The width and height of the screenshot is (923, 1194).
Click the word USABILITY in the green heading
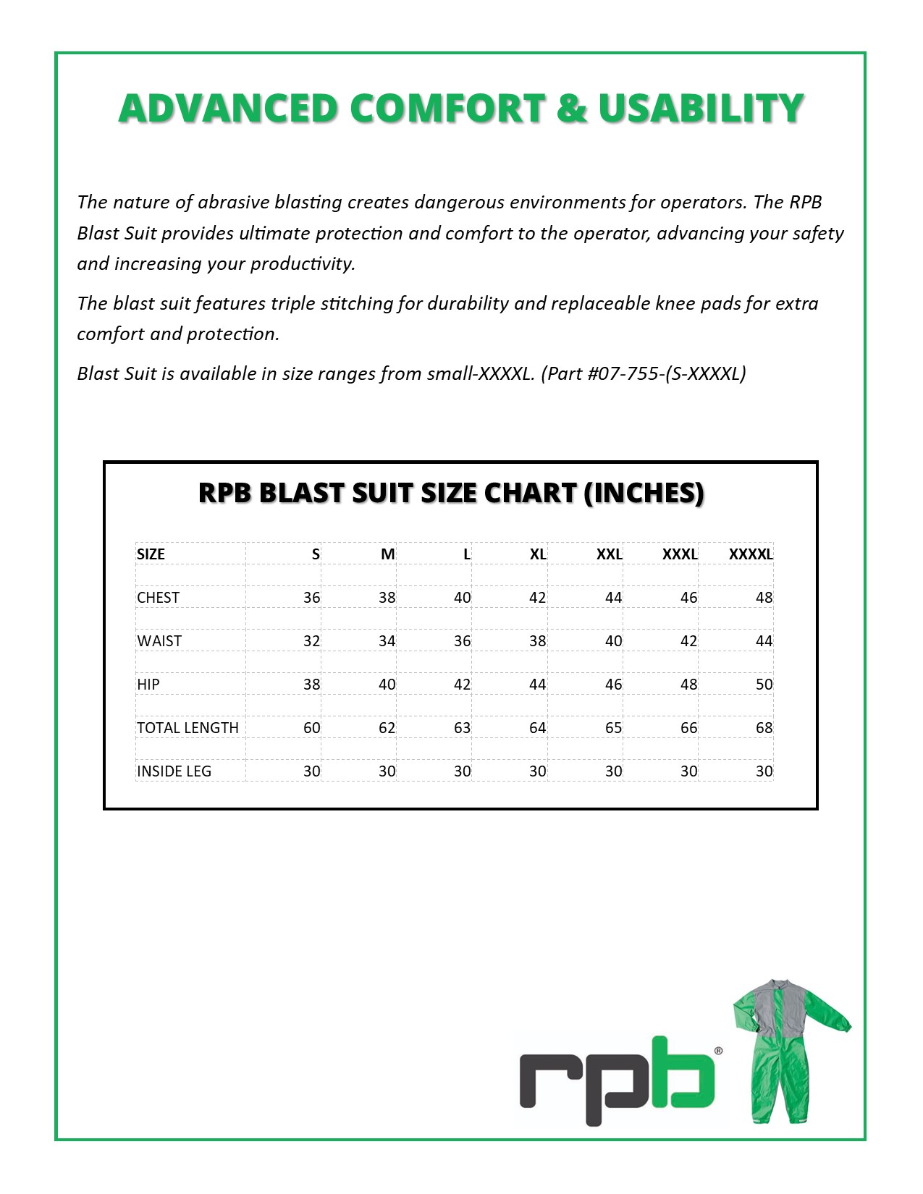[701, 109]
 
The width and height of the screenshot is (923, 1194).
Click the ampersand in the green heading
[572, 109]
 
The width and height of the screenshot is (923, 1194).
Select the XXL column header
[609, 554]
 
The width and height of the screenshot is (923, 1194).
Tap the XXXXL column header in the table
[751, 554]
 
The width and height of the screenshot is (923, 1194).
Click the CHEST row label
[158, 598]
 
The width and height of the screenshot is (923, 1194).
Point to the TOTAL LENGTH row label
[187, 728]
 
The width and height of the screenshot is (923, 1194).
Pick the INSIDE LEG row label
[174, 771]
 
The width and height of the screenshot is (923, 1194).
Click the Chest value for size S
[311, 598]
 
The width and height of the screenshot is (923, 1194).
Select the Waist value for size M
[387, 641]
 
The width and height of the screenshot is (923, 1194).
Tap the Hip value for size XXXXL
[764, 685]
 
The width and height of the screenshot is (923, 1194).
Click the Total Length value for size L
[462, 728]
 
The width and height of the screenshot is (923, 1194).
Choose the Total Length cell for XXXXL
[764, 728]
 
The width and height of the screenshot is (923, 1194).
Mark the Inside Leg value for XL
[537, 771]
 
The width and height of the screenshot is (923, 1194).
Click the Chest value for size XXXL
[688, 598]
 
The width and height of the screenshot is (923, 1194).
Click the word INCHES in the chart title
[643, 494]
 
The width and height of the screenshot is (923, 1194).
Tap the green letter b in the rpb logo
[682, 1075]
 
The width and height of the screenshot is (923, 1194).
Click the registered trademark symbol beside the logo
[718, 1051]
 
